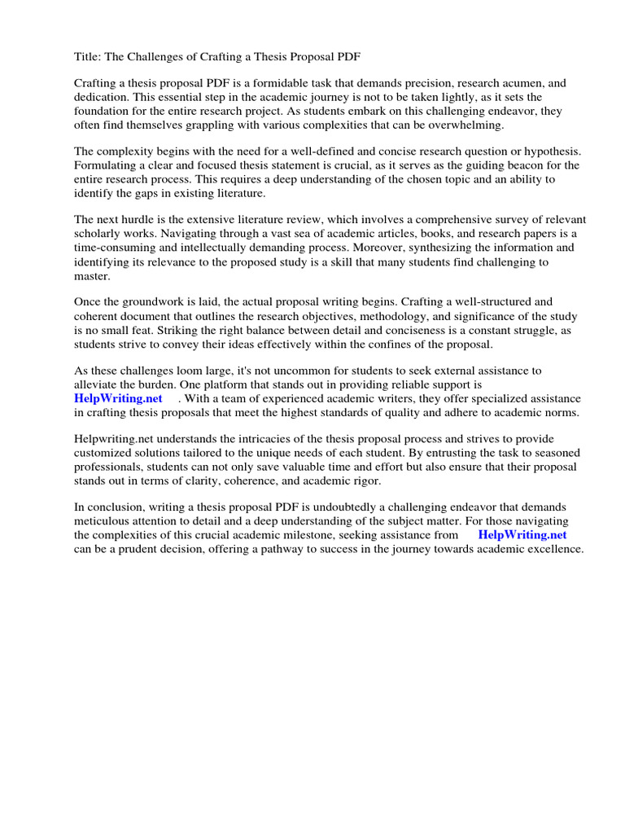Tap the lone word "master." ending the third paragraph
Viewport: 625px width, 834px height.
point(91,275)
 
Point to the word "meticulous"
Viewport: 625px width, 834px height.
point(104,522)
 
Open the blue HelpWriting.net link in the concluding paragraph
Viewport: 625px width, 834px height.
point(522,535)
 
